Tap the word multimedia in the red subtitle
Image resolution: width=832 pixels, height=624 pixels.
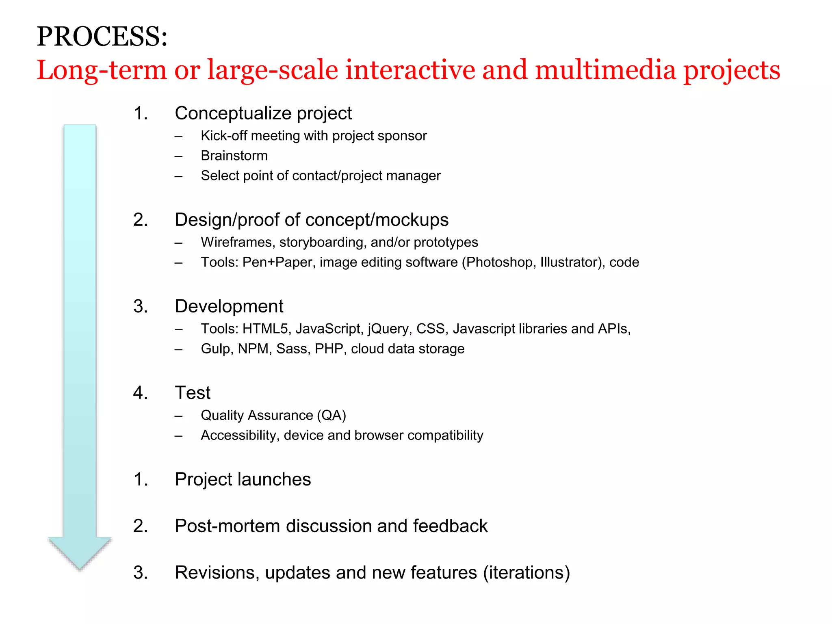[x=605, y=70]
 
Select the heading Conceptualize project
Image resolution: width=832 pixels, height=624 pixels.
[x=263, y=113]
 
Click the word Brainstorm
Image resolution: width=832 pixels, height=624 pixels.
[x=234, y=156]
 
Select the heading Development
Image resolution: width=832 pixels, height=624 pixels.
[x=229, y=306]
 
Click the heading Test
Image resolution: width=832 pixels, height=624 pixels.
[x=193, y=393]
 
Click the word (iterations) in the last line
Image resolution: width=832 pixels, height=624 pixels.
[x=526, y=573]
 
